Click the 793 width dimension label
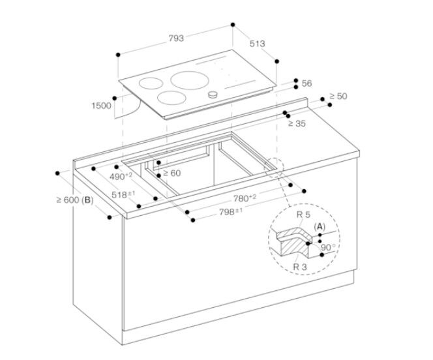(x=176, y=38)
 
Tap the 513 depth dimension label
(x=257, y=44)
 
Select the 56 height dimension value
(x=307, y=83)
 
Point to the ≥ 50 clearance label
(x=338, y=97)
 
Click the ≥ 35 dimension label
(x=297, y=123)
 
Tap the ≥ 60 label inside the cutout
(x=172, y=173)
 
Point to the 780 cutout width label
(x=245, y=198)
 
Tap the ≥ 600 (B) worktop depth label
(x=76, y=200)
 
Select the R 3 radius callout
(x=301, y=266)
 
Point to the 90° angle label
(x=329, y=247)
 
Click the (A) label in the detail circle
(x=320, y=226)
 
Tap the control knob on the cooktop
(x=212, y=95)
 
